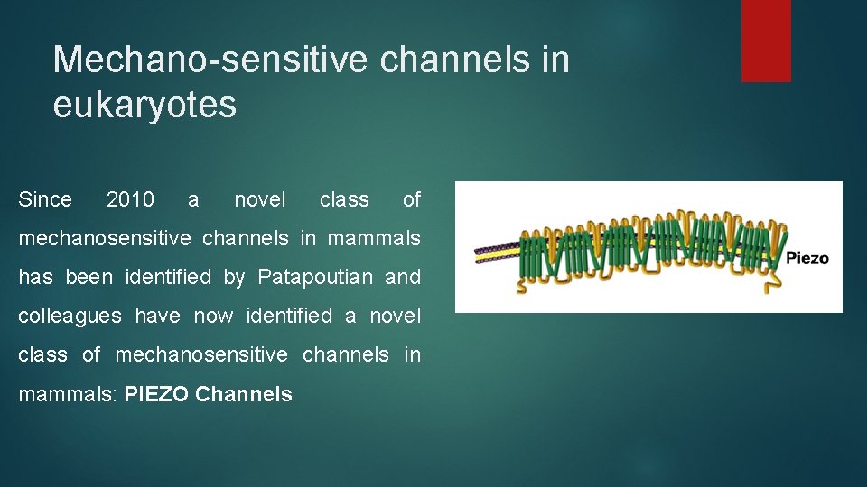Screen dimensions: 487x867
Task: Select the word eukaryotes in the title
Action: tap(144, 105)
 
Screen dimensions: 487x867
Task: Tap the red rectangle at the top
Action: tap(766, 41)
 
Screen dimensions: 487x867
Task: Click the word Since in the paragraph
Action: tap(45, 199)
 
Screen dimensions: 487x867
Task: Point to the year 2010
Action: tap(130, 199)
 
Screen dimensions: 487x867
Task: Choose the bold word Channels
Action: tap(244, 394)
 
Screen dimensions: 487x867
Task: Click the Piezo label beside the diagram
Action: tap(806, 259)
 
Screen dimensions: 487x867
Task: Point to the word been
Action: tap(88, 278)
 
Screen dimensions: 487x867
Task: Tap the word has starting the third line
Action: tap(35, 278)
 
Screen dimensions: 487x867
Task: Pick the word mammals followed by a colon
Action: tap(66, 394)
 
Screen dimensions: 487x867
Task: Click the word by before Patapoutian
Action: tap(234, 278)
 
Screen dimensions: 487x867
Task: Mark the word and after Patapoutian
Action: tap(403, 278)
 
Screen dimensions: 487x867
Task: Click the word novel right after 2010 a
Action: tap(259, 199)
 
